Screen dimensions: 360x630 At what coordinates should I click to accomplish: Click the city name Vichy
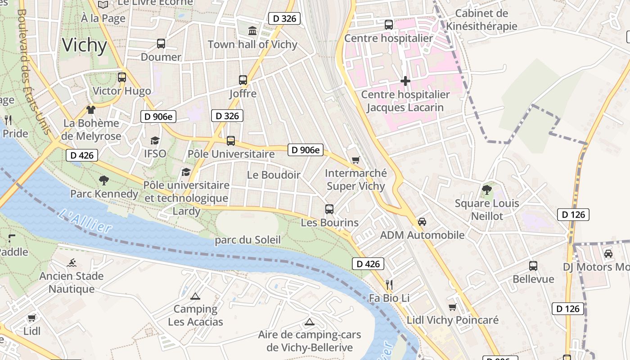(85, 45)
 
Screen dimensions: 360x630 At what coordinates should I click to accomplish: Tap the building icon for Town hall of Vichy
(252, 31)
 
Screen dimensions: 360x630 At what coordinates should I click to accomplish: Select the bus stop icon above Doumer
(161, 44)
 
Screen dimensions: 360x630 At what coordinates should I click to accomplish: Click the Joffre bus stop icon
(243, 80)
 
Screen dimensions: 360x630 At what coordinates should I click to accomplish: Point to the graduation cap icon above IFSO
(155, 140)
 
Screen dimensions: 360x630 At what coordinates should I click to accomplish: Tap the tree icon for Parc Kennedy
(104, 180)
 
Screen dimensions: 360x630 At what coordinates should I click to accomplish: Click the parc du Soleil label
(247, 240)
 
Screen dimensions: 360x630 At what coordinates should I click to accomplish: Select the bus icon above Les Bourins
(329, 209)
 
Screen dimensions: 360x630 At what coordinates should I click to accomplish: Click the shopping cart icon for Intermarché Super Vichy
(355, 160)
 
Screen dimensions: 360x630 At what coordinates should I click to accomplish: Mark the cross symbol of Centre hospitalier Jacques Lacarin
(405, 81)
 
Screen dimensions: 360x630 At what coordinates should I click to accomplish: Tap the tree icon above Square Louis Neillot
(486, 189)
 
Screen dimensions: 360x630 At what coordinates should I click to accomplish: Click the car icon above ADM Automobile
(422, 221)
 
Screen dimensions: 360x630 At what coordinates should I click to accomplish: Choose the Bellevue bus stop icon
(533, 265)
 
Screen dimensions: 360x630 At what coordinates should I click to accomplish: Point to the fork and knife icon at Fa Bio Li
(389, 284)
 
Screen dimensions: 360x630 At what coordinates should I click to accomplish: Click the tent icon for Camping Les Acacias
(195, 296)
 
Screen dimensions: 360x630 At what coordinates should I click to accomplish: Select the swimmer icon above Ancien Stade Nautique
(71, 262)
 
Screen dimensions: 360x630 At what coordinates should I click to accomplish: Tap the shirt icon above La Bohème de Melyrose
(91, 109)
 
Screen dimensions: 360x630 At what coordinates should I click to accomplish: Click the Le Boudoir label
(274, 175)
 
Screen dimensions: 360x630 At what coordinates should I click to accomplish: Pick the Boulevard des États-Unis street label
(33, 72)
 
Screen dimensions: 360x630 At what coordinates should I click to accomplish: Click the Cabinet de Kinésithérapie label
(481, 20)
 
